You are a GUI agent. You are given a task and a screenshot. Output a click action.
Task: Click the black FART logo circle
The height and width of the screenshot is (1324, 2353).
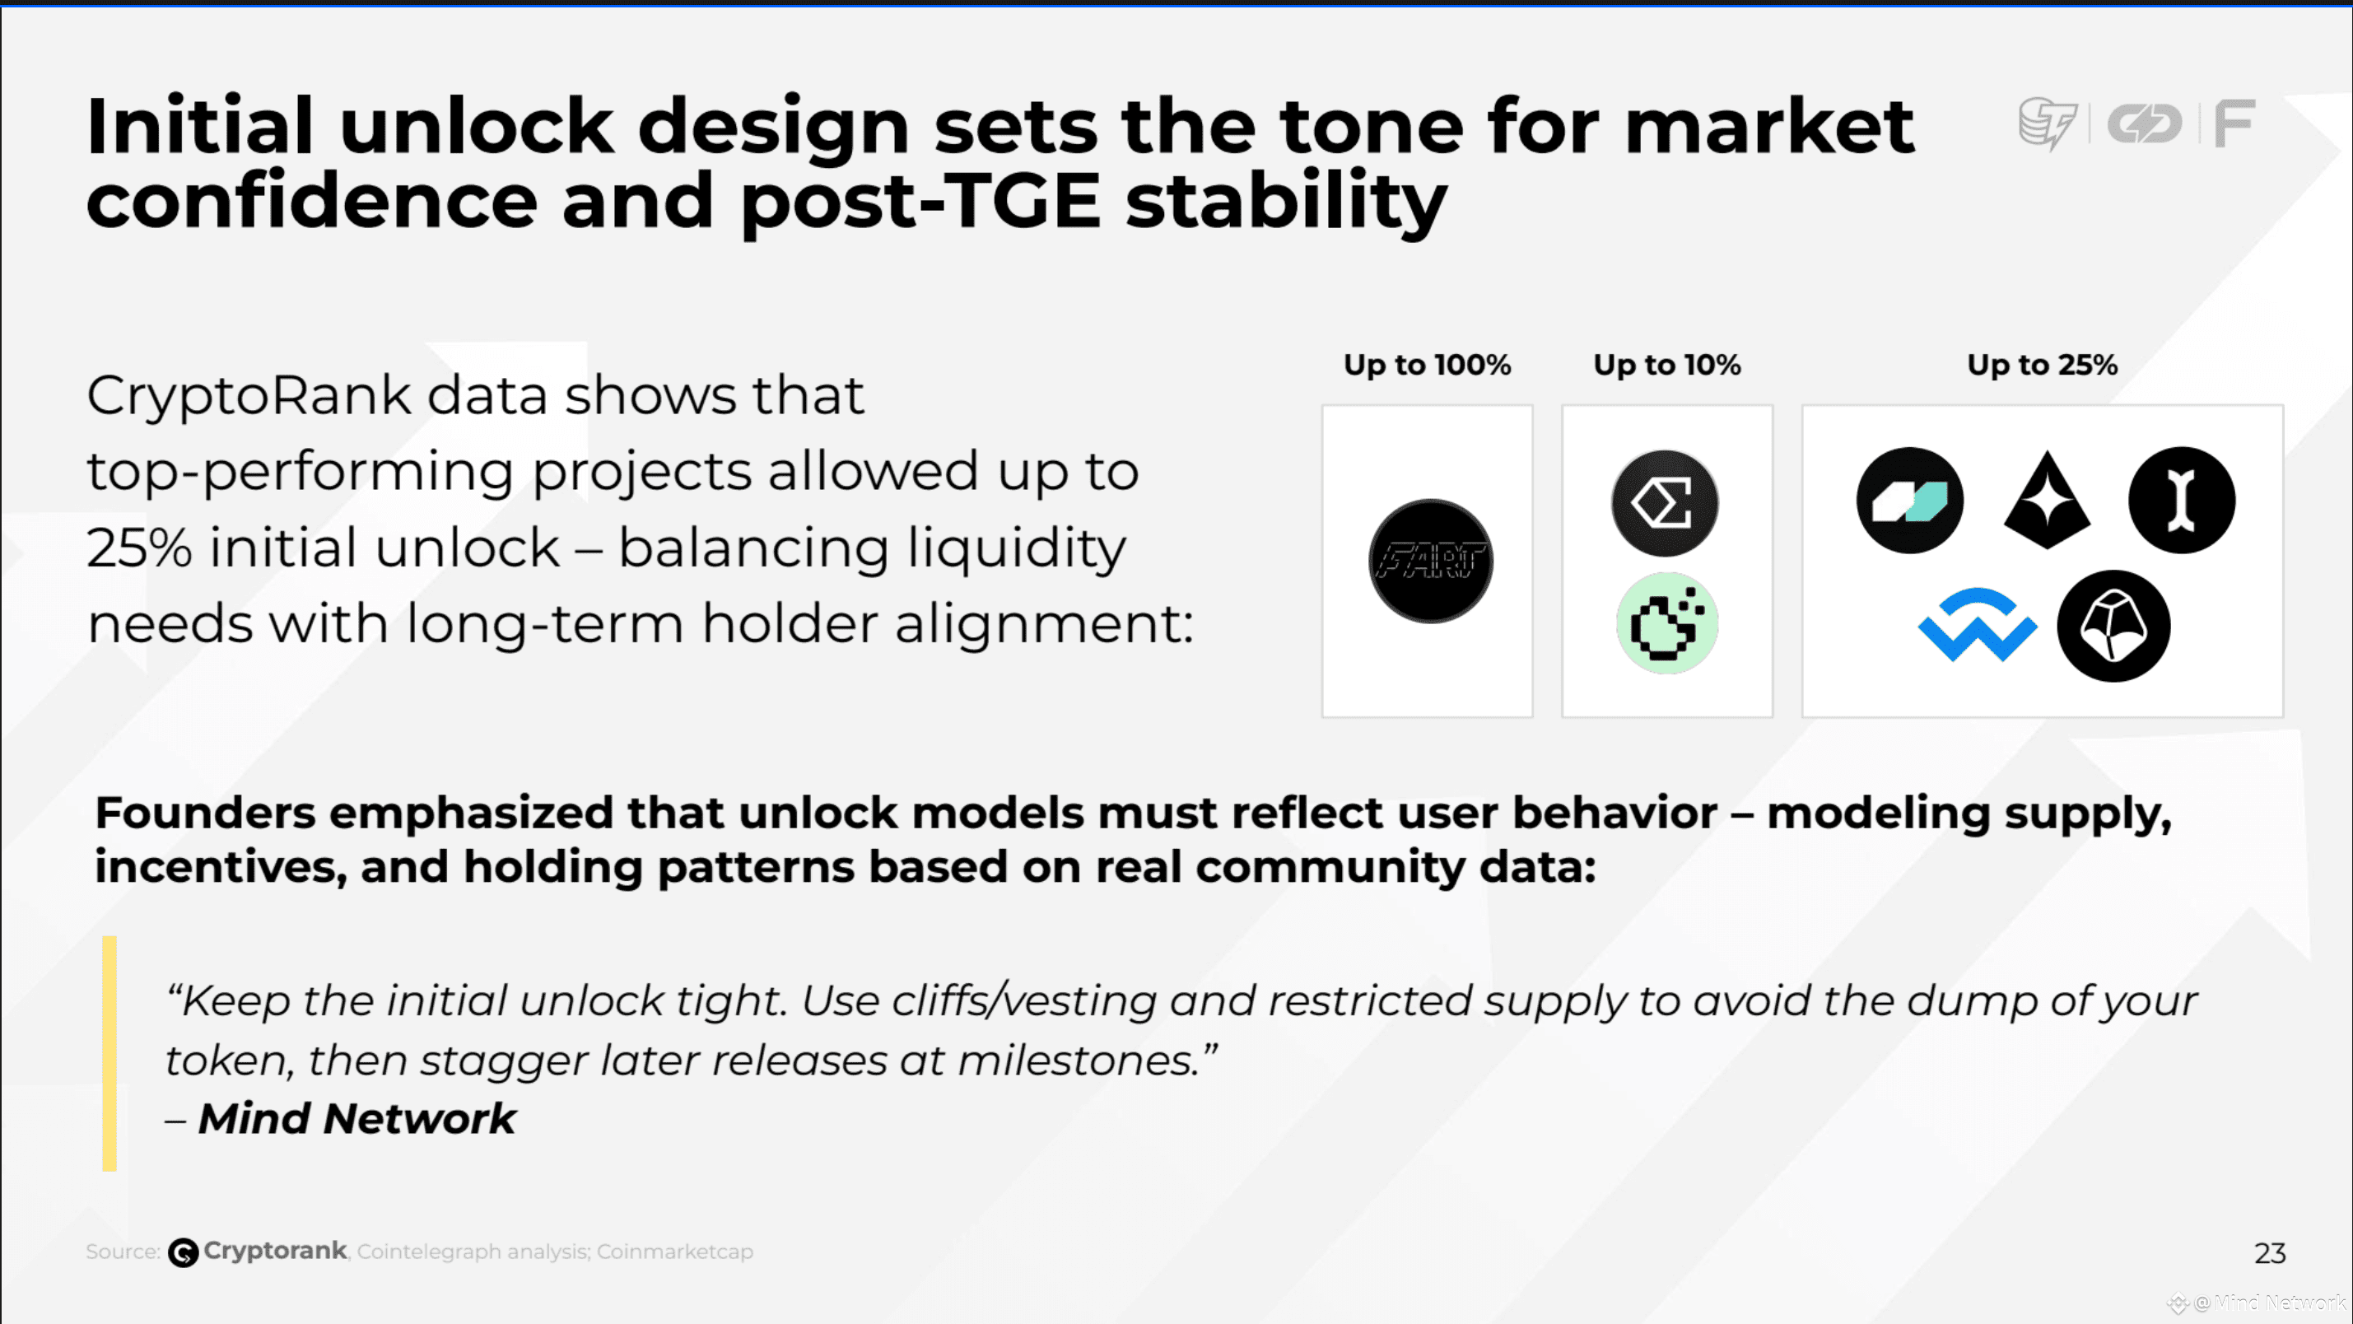pos(1430,561)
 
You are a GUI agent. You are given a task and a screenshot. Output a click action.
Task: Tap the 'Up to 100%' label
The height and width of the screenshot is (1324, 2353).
pos(1427,365)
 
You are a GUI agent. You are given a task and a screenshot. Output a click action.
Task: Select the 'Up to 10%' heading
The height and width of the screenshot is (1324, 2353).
pos(1667,365)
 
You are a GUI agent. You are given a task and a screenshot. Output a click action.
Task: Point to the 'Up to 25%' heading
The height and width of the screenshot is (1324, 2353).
pos(2043,365)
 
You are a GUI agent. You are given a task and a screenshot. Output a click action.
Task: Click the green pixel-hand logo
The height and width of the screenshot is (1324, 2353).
pos(1667,623)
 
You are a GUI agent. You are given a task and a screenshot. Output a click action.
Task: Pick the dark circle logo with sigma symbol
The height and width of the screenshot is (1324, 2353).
pos(1664,503)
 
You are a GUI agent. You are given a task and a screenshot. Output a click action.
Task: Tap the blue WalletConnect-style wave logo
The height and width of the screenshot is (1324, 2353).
pos(1977,625)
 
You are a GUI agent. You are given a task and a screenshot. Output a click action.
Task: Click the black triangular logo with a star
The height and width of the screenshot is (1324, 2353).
pos(2047,500)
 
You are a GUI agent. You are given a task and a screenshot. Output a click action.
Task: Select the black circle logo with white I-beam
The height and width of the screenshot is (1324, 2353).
pos(2181,500)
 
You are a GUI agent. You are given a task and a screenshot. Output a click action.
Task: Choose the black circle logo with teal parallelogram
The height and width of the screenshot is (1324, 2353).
pos(1910,500)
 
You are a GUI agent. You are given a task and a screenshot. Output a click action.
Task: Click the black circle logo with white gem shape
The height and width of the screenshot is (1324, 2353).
pos(2113,626)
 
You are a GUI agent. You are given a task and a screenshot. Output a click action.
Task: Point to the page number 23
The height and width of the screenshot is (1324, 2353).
pos(2270,1252)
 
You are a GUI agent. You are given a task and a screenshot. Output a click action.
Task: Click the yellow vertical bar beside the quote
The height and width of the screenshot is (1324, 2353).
pos(109,1054)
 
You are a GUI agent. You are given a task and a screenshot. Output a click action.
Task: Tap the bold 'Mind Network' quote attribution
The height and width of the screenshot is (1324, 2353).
pos(357,1118)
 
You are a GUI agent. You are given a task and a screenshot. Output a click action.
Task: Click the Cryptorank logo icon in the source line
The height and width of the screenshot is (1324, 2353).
pos(183,1252)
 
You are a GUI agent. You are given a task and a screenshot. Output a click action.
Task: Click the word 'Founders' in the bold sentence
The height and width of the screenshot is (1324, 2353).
pos(206,813)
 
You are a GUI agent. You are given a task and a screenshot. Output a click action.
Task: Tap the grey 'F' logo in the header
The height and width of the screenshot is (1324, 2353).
pos(2234,124)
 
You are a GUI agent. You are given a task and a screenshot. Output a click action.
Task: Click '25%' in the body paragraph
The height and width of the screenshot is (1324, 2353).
pos(139,548)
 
